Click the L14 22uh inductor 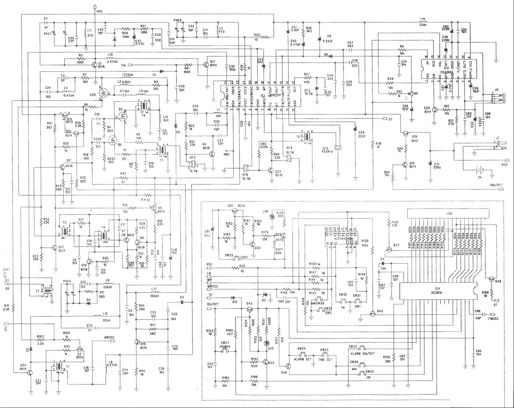(423, 23)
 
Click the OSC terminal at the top (95, 7)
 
